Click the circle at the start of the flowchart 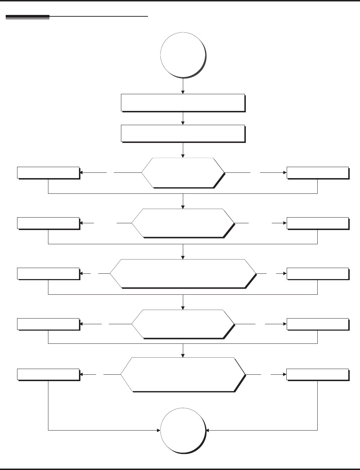click(x=183, y=55)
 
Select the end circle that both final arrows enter click(x=183, y=430)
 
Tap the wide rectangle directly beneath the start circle click(x=183, y=103)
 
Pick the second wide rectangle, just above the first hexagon click(x=183, y=133)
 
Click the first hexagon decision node click(x=183, y=172)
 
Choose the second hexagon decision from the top click(x=183, y=223)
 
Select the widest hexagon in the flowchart click(x=183, y=273)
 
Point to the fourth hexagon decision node click(x=183, y=324)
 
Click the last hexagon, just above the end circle click(x=183, y=374)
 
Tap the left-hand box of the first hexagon click(x=48, y=172)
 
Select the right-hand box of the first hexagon click(x=317, y=172)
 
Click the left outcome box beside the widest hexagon click(x=48, y=273)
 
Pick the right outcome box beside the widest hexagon click(x=317, y=273)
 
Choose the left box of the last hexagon click(x=48, y=374)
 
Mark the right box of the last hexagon click(x=317, y=374)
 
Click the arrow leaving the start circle click(x=183, y=86)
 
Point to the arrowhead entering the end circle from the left click(x=158, y=431)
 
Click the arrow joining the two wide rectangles click(x=183, y=118)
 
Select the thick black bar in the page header click(x=27, y=17)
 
